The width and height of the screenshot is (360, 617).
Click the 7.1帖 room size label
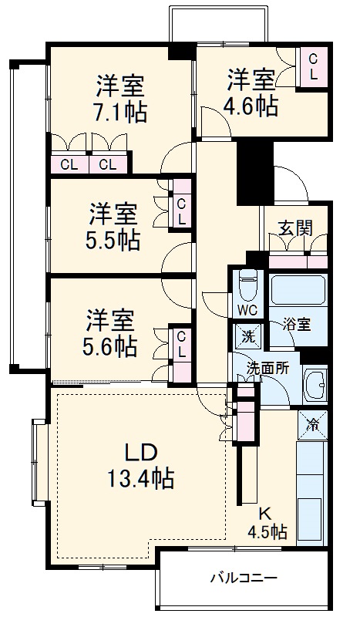click(x=120, y=112)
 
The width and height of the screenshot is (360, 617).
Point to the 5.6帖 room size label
click(x=110, y=344)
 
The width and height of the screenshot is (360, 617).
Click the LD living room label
click(x=142, y=451)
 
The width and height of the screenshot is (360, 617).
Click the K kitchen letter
click(x=264, y=512)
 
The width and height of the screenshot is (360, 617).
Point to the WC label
click(x=247, y=311)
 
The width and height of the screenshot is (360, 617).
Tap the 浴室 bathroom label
click(x=296, y=325)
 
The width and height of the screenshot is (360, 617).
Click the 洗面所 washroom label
click(x=267, y=368)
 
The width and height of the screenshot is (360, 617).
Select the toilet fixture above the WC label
click(x=247, y=285)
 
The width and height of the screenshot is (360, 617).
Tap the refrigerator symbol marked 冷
click(x=313, y=423)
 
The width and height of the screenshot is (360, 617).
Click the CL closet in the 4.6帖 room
click(x=314, y=68)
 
